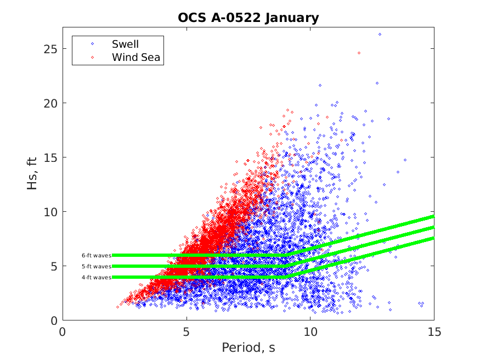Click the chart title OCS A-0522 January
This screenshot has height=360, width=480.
point(248,18)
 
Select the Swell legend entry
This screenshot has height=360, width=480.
point(125,44)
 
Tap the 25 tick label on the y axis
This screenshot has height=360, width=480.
point(50,49)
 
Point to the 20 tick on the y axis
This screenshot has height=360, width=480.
point(50,103)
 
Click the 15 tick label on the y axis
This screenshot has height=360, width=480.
point(50,157)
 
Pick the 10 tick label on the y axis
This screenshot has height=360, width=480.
point(50,212)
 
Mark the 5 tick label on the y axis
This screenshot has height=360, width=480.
point(53,266)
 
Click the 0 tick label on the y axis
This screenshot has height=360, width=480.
point(53,320)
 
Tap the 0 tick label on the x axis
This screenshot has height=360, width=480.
point(63,332)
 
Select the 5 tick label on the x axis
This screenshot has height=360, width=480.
point(187,332)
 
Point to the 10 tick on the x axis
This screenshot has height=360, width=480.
point(310,332)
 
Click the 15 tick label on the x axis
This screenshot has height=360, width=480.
point(434,332)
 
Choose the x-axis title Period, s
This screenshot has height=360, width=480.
point(248,348)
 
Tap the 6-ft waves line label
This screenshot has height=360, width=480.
point(97,255)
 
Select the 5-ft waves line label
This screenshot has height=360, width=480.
point(97,266)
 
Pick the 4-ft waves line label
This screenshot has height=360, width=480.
point(97,277)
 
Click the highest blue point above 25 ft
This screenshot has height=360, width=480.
point(380,34)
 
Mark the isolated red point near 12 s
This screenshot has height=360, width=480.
point(359,53)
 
